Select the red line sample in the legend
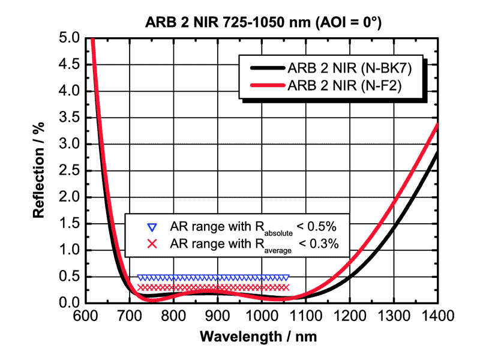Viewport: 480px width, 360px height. click(x=262, y=86)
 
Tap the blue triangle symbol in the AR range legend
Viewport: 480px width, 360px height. click(x=152, y=227)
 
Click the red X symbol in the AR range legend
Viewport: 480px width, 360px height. click(x=152, y=244)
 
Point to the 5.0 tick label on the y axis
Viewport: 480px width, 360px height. click(x=70, y=38)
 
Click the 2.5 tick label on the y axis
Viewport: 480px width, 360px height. click(x=70, y=170)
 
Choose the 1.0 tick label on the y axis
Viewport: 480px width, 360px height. click(x=70, y=250)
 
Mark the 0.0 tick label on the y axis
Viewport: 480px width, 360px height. click(x=70, y=302)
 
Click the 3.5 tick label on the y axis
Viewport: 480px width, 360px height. click(x=70, y=118)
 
